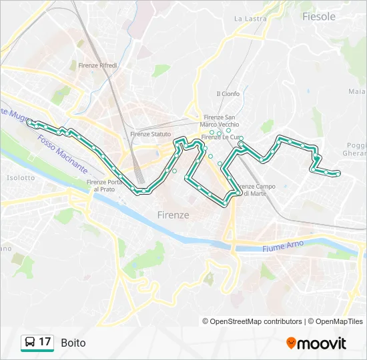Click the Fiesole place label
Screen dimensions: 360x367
(x=318, y=17)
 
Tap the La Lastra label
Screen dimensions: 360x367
(x=250, y=19)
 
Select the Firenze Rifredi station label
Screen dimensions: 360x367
(x=97, y=65)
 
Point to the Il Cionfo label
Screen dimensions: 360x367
(x=228, y=94)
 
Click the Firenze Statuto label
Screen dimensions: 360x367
(x=151, y=134)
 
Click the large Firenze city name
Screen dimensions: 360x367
(x=173, y=215)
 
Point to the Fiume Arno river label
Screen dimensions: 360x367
(x=282, y=245)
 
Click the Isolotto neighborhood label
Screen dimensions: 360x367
(x=20, y=178)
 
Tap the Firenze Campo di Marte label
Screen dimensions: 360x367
(x=256, y=189)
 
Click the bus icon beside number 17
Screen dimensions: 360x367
(x=30, y=343)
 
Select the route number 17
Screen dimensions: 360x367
(x=45, y=343)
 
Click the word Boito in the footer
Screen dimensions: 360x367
(x=73, y=343)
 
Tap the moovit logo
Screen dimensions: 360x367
(x=316, y=343)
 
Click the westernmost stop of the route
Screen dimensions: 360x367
(x=29, y=122)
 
